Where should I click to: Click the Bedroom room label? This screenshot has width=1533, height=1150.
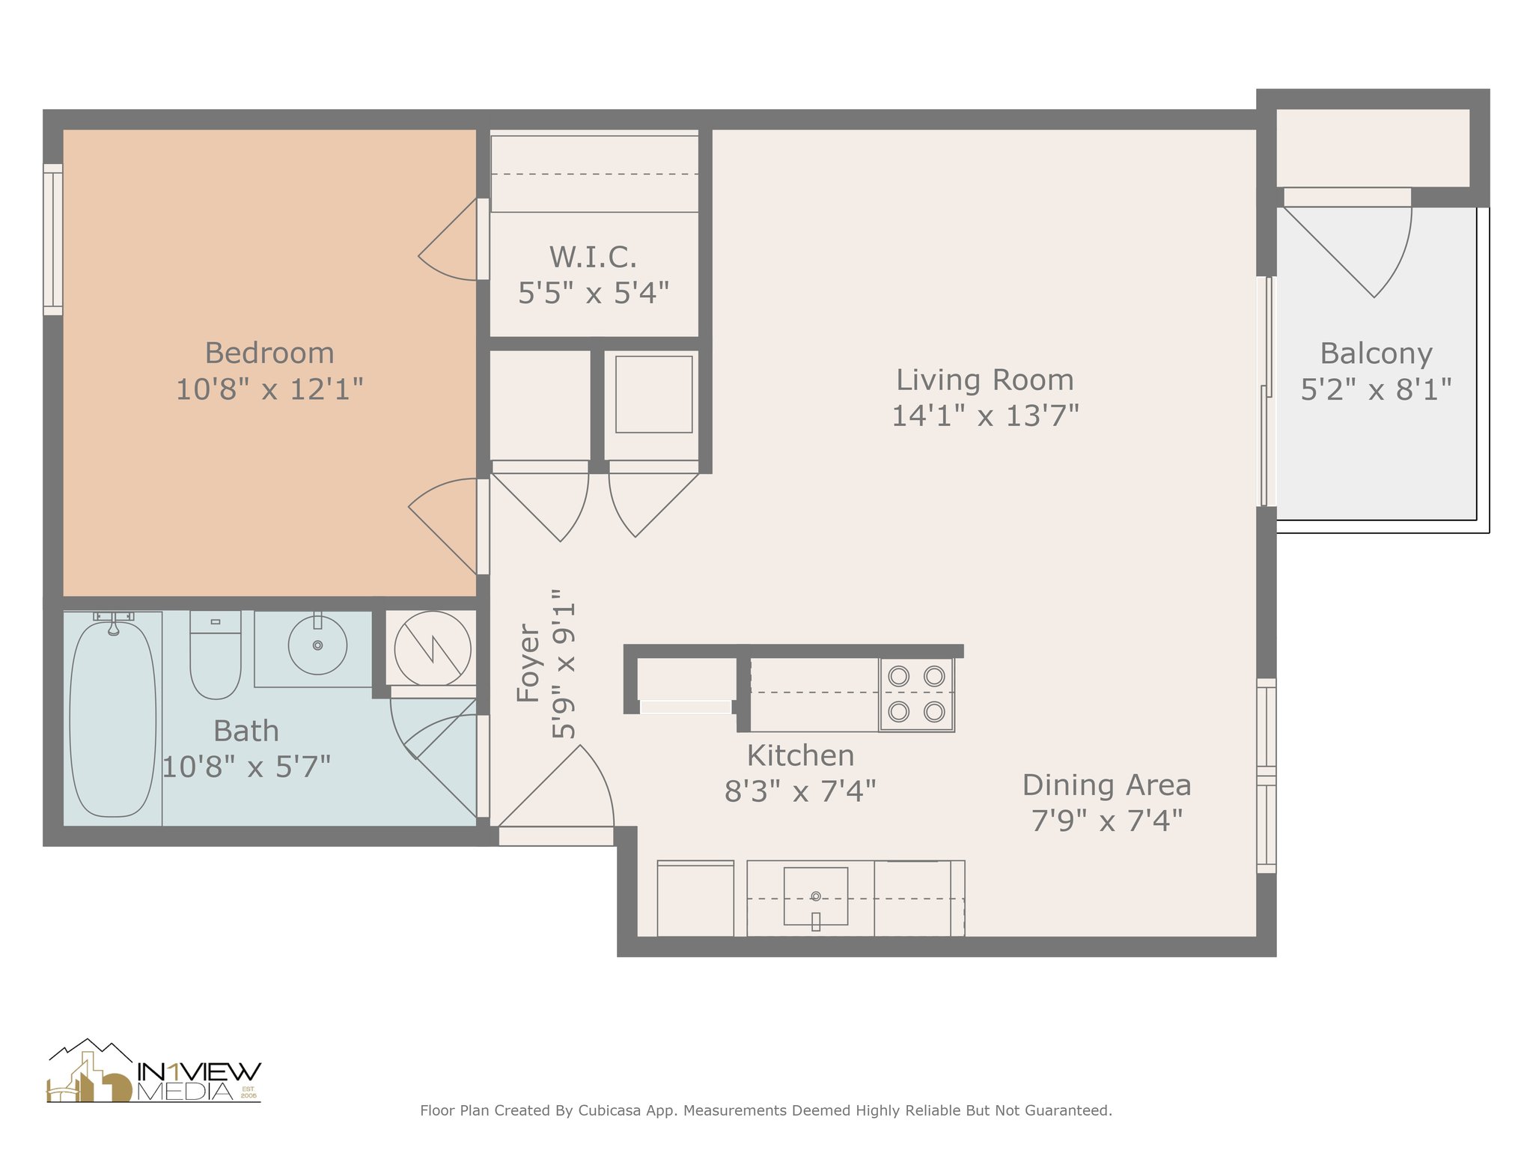click(x=269, y=353)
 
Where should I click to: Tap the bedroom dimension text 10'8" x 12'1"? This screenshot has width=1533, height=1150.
click(x=269, y=389)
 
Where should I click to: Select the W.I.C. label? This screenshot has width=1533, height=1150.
click(x=594, y=257)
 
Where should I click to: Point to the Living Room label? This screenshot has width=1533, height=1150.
click(x=985, y=380)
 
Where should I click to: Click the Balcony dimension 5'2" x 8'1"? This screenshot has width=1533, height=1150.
click(x=1376, y=389)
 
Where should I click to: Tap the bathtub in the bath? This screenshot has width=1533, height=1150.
click(x=113, y=718)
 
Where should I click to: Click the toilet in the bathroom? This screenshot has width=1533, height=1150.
click(x=216, y=654)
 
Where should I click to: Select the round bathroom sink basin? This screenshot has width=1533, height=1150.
click(x=317, y=644)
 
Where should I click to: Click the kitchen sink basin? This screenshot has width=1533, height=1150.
click(x=816, y=896)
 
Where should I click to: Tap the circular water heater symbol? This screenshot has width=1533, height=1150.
click(x=433, y=648)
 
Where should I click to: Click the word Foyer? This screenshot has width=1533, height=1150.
click(x=528, y=663)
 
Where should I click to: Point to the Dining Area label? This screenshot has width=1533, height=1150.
click(x=1106, y=785)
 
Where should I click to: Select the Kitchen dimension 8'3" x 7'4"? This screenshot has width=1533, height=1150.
click(x=800, y=791)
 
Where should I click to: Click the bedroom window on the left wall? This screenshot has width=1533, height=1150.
click(x=52, y=240)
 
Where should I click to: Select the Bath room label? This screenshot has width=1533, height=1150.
click(x=246, y=731)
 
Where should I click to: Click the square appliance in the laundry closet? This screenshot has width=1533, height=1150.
click(x=653, y=394)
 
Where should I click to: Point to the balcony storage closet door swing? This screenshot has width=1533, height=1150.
click(x=1347, y=251)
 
